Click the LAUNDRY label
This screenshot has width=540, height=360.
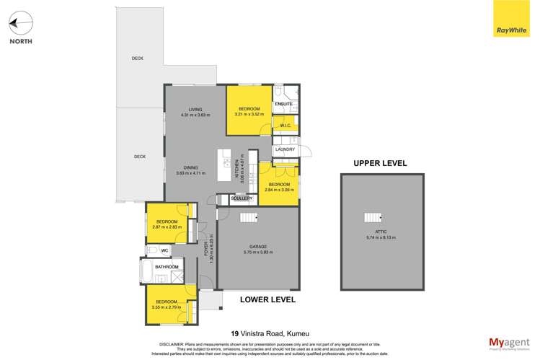[x=286, y=149]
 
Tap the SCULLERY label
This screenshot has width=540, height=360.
[x=241, y=198]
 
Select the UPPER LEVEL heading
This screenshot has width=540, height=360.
[x=380, y=164]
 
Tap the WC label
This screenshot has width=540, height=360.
[x=164, y=250]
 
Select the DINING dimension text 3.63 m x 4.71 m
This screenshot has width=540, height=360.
[x=191, y=174]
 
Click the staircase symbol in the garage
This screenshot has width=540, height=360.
[x=248, y=219]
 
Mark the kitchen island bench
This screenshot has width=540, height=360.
[x=226, y=167]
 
